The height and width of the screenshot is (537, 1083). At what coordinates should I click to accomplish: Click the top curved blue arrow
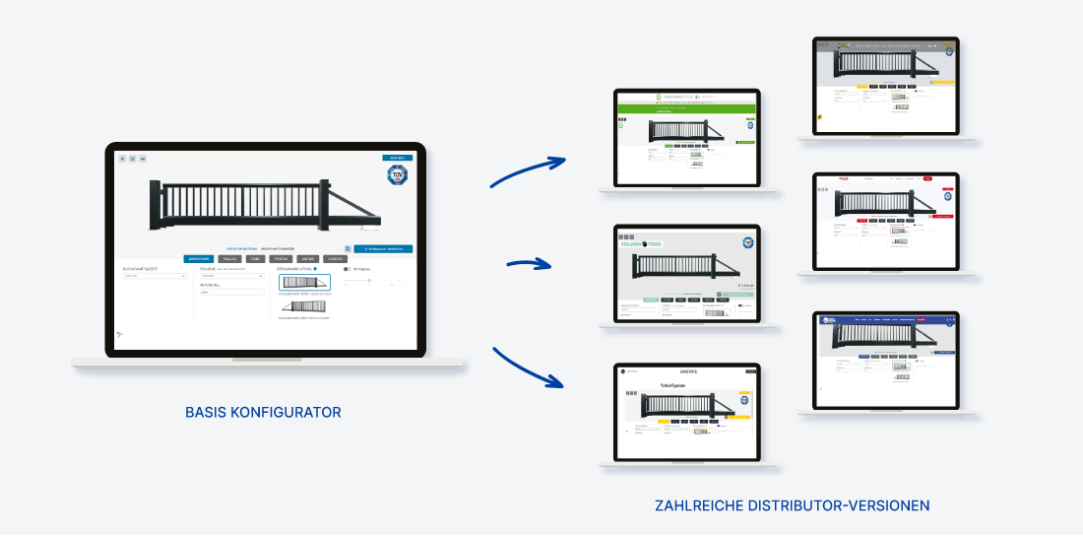528,171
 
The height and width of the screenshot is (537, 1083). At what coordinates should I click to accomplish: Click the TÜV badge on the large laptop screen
397,176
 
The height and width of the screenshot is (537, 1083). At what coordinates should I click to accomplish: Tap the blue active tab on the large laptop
198,259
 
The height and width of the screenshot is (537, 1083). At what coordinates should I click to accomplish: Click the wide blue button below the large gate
383,249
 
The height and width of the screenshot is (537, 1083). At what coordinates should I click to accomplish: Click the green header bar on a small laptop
687,105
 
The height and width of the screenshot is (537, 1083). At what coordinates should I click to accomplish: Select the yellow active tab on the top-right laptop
862,86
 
